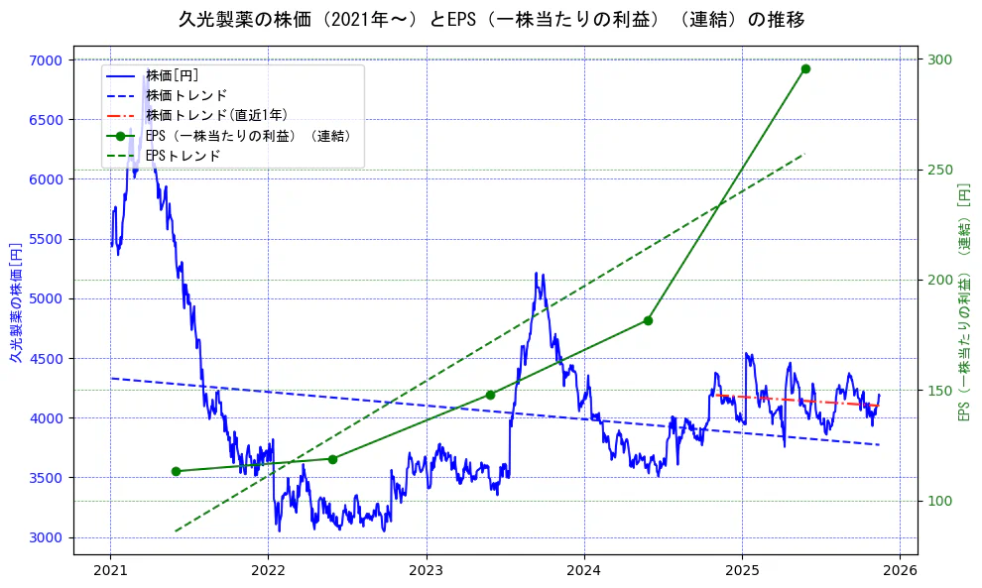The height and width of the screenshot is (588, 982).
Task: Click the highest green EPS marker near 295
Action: pos(805,68)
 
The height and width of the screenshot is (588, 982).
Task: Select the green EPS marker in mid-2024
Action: pos(648,320)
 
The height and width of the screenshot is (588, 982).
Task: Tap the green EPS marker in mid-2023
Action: pos(490,395)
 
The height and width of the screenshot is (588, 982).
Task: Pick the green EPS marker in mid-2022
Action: pos(332,459)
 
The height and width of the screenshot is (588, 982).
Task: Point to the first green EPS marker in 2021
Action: pos(176,471)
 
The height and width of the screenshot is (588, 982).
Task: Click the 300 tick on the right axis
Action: pos(938,59)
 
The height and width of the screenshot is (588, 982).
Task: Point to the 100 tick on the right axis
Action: pos(938,501)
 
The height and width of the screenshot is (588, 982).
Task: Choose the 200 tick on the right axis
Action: pos(938,281)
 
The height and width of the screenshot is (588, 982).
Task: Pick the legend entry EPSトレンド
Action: pos(183,156)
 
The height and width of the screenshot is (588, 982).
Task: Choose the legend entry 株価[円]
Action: pos(173,75)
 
